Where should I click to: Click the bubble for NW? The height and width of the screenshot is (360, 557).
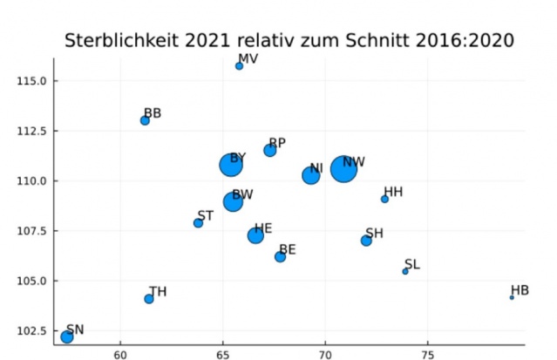coord(344,168)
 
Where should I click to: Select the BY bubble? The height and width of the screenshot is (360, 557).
coord(231,165)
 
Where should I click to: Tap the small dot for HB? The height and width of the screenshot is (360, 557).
coord(512,297)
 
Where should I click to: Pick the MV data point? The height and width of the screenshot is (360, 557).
coord(240,66)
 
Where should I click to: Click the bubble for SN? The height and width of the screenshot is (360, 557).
coord(67,336)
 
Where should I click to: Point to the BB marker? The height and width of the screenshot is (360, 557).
coord(145,120)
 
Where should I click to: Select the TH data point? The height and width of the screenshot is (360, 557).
coord(149,299)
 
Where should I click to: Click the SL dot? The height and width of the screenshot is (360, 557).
coord(405,271)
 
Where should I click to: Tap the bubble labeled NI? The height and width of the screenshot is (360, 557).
coord(310,175)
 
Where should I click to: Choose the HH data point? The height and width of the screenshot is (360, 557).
coord(384,199)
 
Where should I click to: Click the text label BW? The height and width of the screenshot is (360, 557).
coord(243,194)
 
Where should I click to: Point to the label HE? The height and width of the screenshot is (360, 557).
coord(263,228)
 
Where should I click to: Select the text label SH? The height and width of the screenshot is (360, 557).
coord(375,233)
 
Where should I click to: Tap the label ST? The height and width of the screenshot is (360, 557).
coord(206,215)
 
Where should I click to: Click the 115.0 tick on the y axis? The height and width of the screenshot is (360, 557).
coord(33,81)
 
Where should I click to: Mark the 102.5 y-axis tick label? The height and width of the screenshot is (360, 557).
coord(33,331)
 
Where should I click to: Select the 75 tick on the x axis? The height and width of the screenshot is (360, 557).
coord(427,354)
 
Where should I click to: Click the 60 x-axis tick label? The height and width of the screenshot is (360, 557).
coord(120,354)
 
